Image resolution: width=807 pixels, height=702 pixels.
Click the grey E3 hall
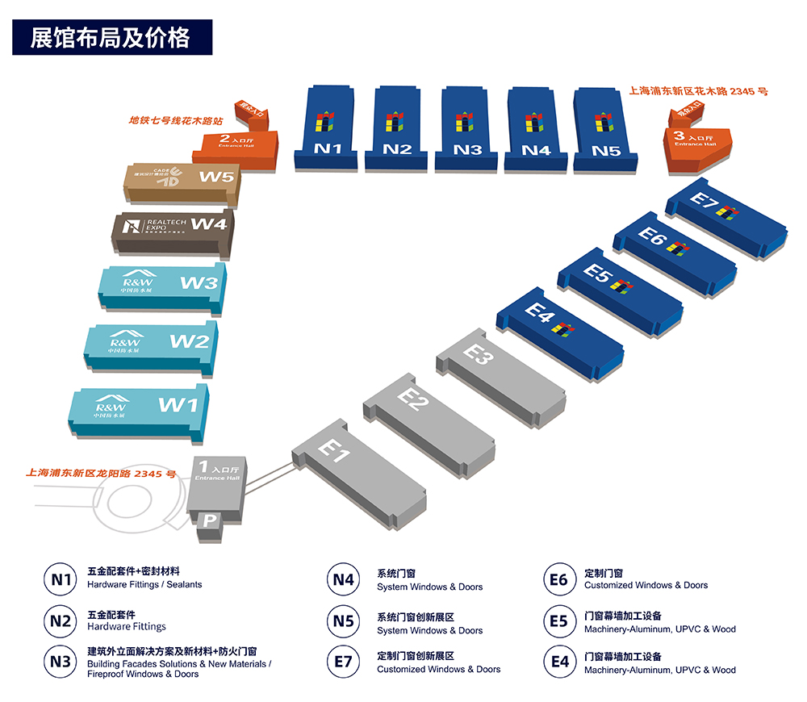500,375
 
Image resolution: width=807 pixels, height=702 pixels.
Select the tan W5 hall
182,182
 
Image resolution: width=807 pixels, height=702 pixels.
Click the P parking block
209,521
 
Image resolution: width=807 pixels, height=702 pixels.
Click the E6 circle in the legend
558,580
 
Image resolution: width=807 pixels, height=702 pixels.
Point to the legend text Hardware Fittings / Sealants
144,584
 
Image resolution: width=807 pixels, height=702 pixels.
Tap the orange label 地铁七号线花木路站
175,120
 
